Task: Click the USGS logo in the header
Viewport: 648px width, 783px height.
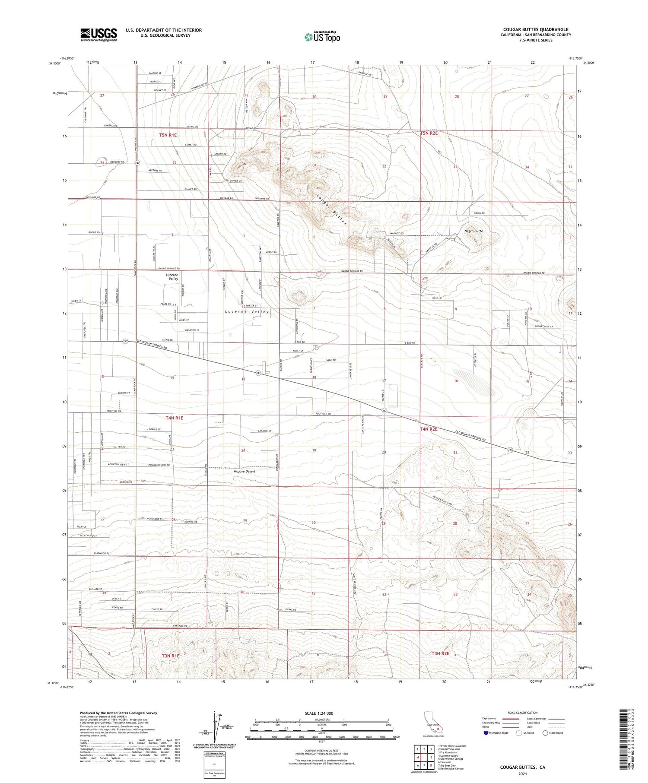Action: click(x=98, y=35)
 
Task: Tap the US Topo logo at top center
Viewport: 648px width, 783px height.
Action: click(x=322, y=37)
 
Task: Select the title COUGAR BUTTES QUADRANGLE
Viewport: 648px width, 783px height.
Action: click(x=536, y=30)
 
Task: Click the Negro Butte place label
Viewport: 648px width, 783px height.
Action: click(x=473, y=231)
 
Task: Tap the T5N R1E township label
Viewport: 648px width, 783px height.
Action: click(x=168, y=135)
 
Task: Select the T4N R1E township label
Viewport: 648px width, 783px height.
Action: click(x=174, y=418)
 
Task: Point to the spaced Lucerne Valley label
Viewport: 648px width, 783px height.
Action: click(x=247, y=311)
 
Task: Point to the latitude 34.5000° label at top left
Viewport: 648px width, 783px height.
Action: click(x=55, y=63)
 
